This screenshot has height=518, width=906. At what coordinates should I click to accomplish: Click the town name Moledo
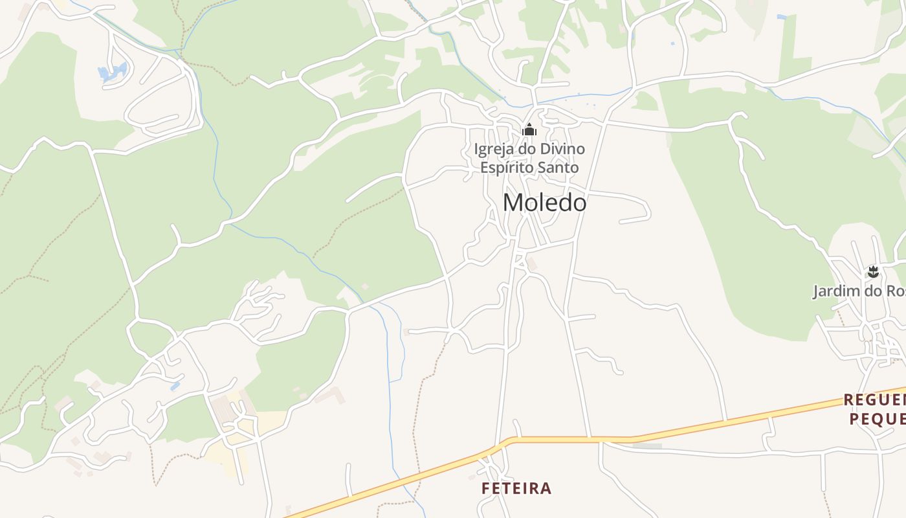544,203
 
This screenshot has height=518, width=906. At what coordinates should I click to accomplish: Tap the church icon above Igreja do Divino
529,130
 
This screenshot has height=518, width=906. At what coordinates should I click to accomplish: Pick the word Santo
557,167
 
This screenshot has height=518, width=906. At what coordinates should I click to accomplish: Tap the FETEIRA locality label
516,488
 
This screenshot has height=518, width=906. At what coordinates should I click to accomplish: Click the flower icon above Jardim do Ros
873,272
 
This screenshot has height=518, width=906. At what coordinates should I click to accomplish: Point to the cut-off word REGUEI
874,400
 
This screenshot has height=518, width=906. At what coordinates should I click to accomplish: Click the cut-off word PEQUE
878,419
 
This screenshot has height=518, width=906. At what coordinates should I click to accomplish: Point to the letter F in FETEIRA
486,488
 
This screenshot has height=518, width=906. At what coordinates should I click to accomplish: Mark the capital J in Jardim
817,291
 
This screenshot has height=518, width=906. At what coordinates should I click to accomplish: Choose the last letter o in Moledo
579,204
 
